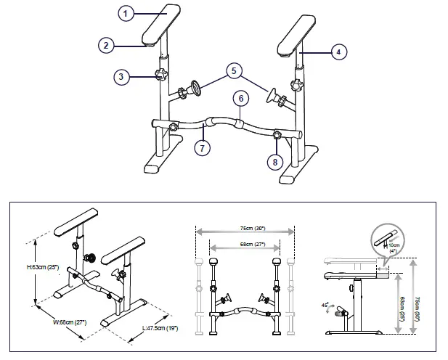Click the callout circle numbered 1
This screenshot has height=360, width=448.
point(126,14)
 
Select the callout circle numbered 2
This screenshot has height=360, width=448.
point(107,45)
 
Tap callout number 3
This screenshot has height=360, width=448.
point(123,75)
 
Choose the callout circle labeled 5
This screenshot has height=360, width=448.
point(232,70)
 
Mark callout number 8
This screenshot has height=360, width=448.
point(274,161)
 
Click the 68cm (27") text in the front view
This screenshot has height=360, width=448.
point(245,245)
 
